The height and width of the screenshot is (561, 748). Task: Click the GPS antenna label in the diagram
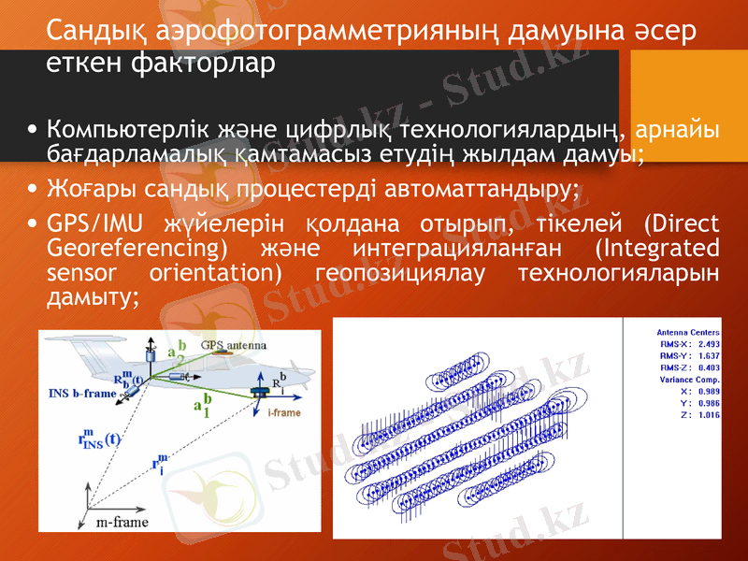pyautogui.click(x=238, y=344)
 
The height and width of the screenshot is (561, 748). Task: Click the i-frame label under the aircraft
pyautogui.click(x=284, y=411)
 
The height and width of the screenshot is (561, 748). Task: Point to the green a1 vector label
pyautogui.click(x=200, y=405)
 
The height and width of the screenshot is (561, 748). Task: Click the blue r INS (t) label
pyautogui.click(x=97, y=439)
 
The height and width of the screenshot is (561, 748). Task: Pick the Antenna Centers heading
pyautogui.click(x=688, y=332)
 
